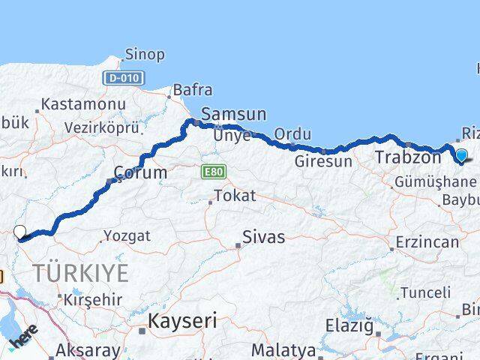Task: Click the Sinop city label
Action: point(145,55)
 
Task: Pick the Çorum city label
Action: point(140,173)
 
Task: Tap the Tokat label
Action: point(235,196)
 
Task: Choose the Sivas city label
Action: point(263,237)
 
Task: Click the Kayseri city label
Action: point(182,322)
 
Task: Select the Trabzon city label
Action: point(407,157)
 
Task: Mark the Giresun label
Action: point(323,160)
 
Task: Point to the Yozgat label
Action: point(127,235)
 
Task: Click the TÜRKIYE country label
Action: point(79,272)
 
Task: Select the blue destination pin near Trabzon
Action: point(461,156)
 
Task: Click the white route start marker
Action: point(20,233)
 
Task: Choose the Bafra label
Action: point(193,91)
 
